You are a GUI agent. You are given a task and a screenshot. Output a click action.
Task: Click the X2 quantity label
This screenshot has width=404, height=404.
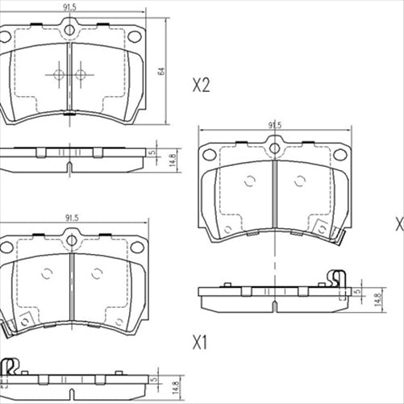pyautogui.click(x=201, y=86)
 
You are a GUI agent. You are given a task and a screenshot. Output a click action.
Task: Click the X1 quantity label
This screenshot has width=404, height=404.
pyautogui.click(x=200, y=344)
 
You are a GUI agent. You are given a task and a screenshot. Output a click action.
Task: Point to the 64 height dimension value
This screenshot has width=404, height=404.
pyautogui.click(x=161, y=71)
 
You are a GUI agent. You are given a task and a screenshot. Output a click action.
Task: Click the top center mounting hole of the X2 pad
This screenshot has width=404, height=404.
pyautogui.click(x=69, y=31)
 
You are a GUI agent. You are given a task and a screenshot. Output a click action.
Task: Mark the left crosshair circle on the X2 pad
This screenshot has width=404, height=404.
pyautogui.click(x=59, y=74)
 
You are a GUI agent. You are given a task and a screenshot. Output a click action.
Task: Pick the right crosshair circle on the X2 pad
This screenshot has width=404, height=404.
pyautogui.click(x=81, y=74)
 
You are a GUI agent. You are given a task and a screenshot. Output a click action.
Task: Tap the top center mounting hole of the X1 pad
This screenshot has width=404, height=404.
pyautogui.click(x=69, y=239)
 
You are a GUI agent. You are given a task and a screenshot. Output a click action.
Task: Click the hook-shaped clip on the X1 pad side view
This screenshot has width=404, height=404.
pyautogui.click(x=10, y=367)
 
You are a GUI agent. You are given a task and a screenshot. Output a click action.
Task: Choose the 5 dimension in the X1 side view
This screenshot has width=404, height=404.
pyautogui.click(x=153, y=377)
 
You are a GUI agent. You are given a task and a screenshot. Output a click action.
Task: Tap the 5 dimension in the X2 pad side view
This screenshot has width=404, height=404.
pyautogui.click(x=153, y=152)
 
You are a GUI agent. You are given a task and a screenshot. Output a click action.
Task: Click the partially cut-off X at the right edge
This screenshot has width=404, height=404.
pyautogui.click(x=399, y=223)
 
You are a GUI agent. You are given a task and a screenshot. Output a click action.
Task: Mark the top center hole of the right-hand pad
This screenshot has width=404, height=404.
pyautogui.click(x=274, y=148)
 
